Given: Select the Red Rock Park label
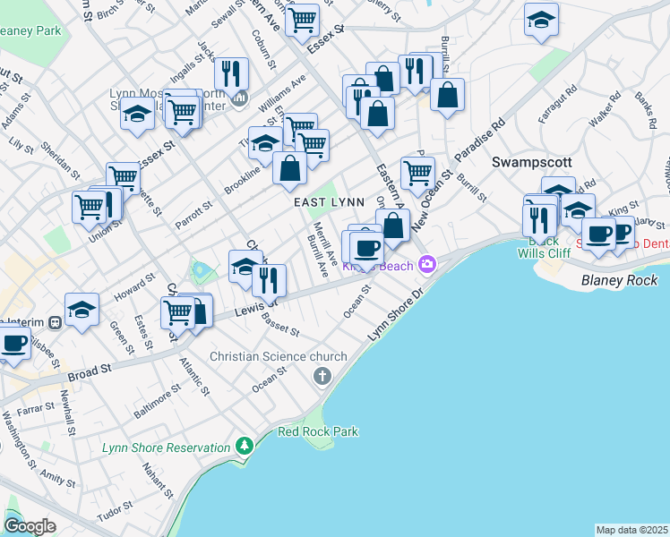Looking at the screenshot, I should pos(318,431).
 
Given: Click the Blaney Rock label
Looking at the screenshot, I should pos(620,280).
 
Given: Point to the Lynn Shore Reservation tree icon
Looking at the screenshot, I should pos(244,446).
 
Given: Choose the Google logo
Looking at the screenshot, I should pos(30,526).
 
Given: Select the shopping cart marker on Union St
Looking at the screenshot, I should pos(89,207).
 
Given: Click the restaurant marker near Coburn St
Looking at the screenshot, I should pos(233,72).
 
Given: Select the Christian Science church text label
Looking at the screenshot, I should pos(271,356).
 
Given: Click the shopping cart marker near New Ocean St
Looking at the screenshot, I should pos(417,173).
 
